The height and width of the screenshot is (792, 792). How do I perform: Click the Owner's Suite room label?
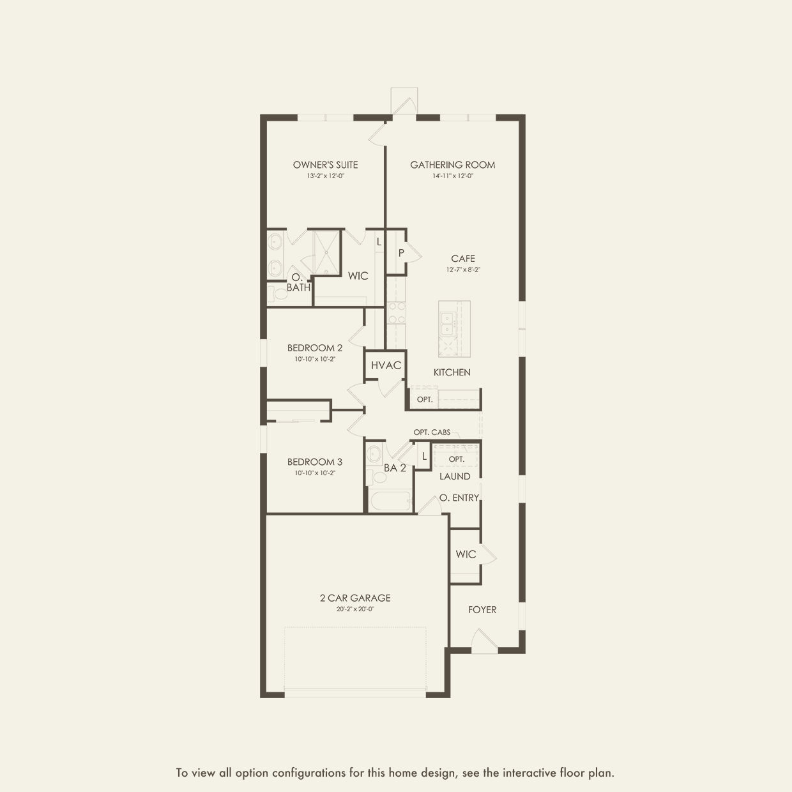tap(325, 165)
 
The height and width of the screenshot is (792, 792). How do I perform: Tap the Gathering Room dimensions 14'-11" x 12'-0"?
tap(452, 176)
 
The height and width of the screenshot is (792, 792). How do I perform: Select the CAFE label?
tap(463, 259)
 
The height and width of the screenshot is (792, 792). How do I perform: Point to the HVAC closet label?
tap(386, 365)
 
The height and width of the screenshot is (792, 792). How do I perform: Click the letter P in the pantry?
tap(401, 253)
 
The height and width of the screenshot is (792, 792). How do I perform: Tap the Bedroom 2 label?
tap(314, 347)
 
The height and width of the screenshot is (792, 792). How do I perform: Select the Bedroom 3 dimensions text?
tap(315, 473)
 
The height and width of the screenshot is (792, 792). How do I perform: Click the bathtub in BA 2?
tap(390, 500)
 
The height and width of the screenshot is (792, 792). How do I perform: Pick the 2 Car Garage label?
tap(355, 598)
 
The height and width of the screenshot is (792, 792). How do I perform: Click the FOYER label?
tap(482, 609)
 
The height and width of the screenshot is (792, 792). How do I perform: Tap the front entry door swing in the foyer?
tap(484, 641)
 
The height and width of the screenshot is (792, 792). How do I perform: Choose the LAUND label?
tap(455, 476)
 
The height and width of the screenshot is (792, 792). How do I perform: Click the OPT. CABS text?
tap(432, 432)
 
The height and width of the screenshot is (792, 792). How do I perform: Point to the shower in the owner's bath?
tap(326, 252)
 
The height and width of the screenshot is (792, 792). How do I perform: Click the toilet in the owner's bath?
tap(278, 294)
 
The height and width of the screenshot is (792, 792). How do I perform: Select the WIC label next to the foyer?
tap(466, 554)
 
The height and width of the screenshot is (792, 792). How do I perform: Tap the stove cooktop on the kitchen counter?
tap(396, 313)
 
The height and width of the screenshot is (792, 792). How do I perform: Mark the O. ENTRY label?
tap(459, 498)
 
